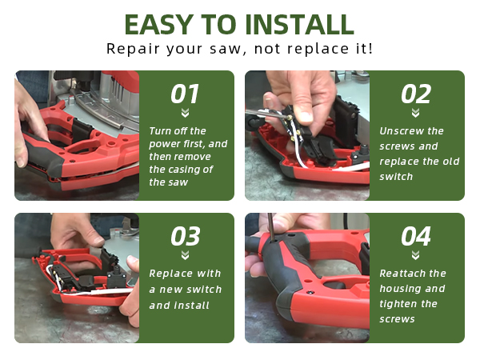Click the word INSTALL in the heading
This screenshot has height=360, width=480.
(300, 25)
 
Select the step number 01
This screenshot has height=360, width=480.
(185, 94)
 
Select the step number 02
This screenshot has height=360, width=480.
(416, 94)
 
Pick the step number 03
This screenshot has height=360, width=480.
(186, 236)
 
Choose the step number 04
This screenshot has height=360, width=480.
(416, 236)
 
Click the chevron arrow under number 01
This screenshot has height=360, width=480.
(185, 113)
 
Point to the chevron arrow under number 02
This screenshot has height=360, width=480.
(415, 113)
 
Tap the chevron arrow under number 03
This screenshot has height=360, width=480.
(185, 255)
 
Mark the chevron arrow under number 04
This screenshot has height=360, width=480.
(415, 255)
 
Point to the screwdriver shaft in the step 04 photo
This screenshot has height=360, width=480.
(271, 226)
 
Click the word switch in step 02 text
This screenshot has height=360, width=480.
(396, 177)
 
